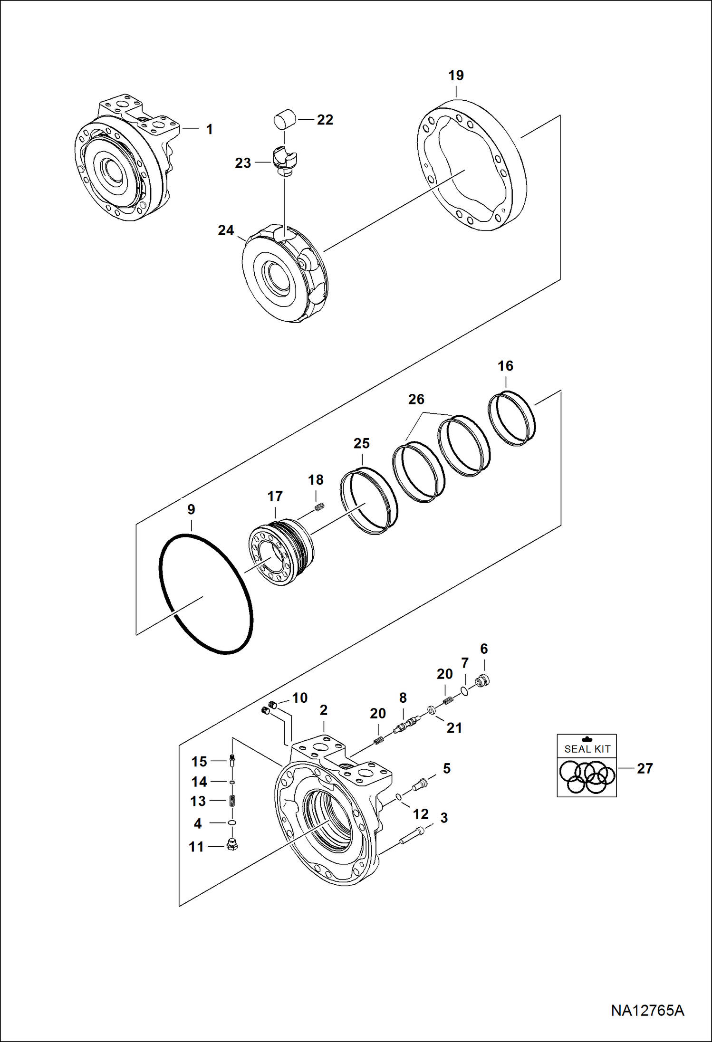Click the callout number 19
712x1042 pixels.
point(456,76)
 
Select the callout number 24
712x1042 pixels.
point(226,230)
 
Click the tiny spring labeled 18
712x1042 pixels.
point(320,507)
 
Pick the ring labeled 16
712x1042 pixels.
point(512,419)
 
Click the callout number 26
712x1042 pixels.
point(416,399)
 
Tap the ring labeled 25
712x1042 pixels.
point(369,501)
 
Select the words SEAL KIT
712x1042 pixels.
point(587,749)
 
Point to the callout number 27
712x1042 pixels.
point(645,768)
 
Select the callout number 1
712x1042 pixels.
point(209,129)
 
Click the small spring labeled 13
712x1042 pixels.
point(232,801)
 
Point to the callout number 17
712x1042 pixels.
point(275,497)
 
